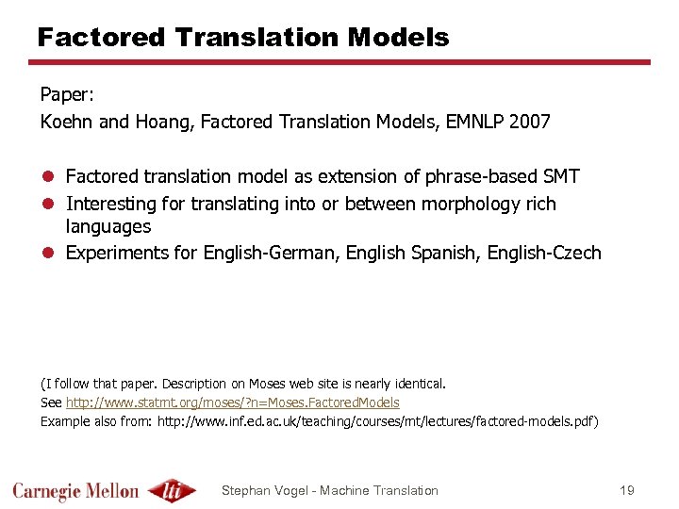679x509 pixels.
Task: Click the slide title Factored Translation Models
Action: tap(243, 38)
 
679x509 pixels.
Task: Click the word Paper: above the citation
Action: tap(68, 95)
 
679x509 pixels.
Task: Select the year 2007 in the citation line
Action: tap(530, 122)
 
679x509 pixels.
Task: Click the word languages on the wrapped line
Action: tap(108, 226)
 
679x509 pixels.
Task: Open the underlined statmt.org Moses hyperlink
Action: tap(232, 402)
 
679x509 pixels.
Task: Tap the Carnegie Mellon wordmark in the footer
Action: tap(75, 490)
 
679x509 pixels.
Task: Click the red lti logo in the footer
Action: tap(172, 490)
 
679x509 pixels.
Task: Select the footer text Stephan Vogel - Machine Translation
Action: tap(329, 490)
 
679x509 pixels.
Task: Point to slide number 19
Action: tap(628, 490)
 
